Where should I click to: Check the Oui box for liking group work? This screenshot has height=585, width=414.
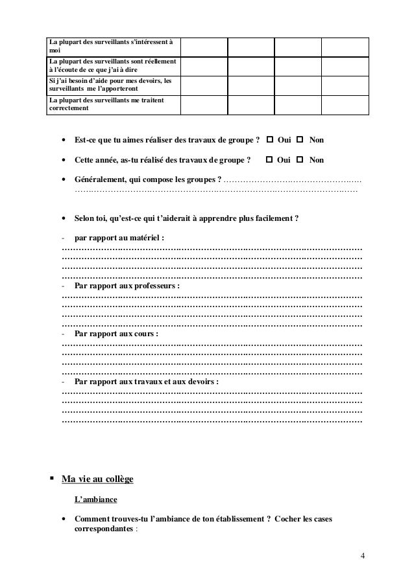pyautogui.click(x=269, y=140)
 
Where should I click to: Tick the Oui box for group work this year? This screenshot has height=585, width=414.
pyautogui.click(x=269, y=159)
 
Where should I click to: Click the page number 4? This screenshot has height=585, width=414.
pyautogui.click(x=363, y=556)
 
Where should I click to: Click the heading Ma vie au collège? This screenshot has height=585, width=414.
pyautogui.click(x=97, y=479)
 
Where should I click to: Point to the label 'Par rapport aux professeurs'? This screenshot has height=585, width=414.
pyautogui.click(x=127, y=285)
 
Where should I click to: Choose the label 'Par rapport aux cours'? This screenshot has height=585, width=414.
pyautogui.click(x=116, y=334)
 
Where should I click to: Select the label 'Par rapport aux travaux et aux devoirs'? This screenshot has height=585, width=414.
pyautogui.click(x=147, y=382)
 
